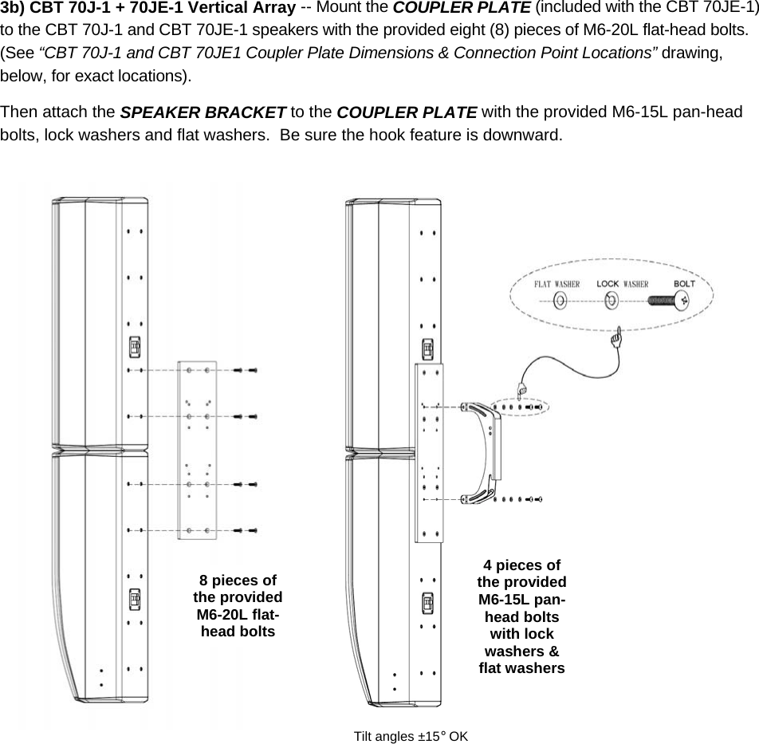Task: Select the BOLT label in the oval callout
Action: pos(684,283)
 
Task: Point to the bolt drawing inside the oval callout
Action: pos(668,301)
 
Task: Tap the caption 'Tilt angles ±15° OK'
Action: pos(411,734)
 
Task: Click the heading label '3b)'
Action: pos(13,9)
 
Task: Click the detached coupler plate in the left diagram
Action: pos(197,450)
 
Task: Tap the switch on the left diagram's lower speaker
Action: pos(135,598)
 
